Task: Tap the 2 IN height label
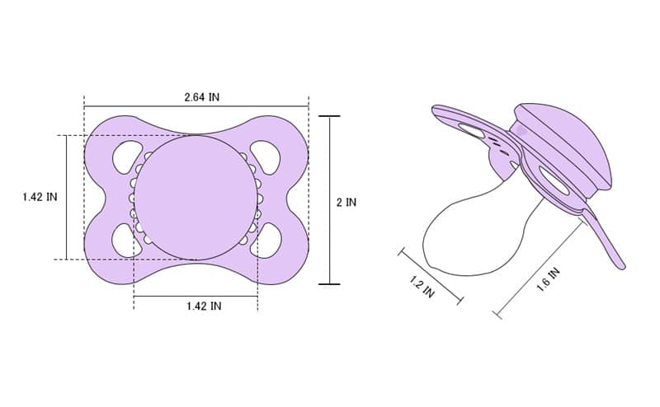click(346, 202)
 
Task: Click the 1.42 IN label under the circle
click(203, 306)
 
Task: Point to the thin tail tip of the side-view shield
click(620, 264)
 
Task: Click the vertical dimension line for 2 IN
click(329, 165)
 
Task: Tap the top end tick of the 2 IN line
click(329, 116)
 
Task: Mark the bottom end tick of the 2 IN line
click(329, 284)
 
